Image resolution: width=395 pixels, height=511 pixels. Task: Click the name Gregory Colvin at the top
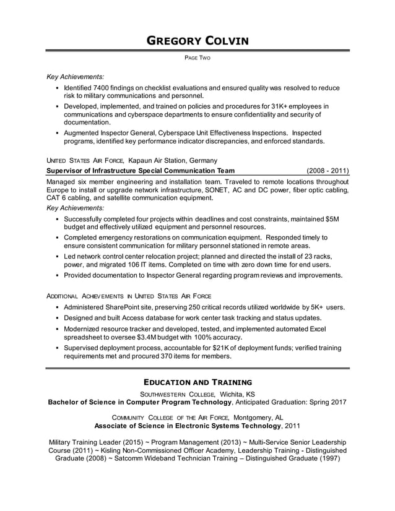197,41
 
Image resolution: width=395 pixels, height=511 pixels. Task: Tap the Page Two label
197,58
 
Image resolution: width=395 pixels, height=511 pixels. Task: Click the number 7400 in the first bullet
110,88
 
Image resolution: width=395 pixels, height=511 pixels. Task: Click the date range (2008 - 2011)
327,170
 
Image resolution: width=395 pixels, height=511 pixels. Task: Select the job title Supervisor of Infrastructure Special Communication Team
141,170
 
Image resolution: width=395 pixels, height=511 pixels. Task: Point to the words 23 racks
314,256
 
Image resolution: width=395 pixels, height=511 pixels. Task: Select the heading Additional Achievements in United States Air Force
129,296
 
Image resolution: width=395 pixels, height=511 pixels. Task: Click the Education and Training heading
197,382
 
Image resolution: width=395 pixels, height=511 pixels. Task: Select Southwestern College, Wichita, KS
197,393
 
